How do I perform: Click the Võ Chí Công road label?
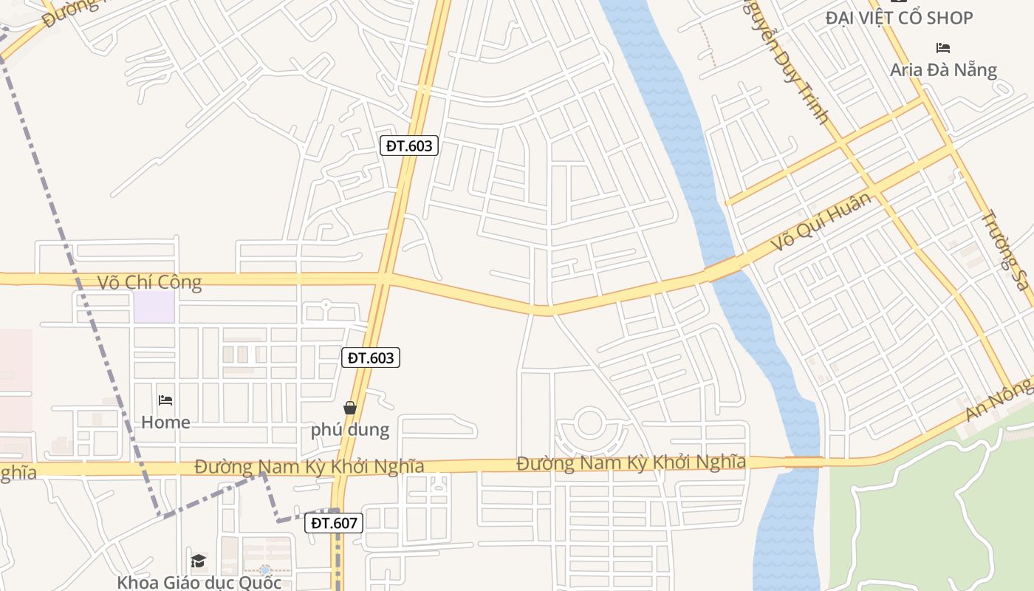tap(149, 282)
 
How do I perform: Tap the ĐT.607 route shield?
tap(334, 523)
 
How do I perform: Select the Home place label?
tap(165, 423)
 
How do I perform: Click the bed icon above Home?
tap(165, 400)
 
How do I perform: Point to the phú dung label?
tap(349, 429)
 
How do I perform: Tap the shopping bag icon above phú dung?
tap(350, 408)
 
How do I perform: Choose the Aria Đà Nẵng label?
tap(943, 70)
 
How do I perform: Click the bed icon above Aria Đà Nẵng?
tap(943, 48)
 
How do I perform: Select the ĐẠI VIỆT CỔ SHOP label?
tap(899, 18)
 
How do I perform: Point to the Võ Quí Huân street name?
tap(821, 221)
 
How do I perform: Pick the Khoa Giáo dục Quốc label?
tap(199, 582)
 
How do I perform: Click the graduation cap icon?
tap(198, 561)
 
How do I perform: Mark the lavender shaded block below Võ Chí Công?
tap(154, 307)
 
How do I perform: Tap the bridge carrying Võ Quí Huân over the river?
tap(724, 269)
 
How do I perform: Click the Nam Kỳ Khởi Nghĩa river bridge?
tap(804, 462)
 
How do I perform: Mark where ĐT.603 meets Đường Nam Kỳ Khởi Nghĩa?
tap(340, 467)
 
